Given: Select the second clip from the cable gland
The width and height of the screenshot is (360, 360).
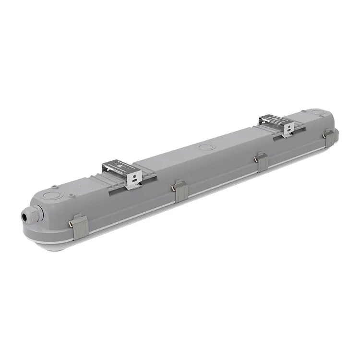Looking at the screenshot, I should tap(180, 191).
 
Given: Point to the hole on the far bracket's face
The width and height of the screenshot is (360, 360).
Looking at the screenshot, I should tap(289, 128).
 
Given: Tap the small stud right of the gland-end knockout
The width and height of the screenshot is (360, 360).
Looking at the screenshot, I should tap(71, 195).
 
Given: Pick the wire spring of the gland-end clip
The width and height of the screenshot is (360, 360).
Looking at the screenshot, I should tap(72, 223).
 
